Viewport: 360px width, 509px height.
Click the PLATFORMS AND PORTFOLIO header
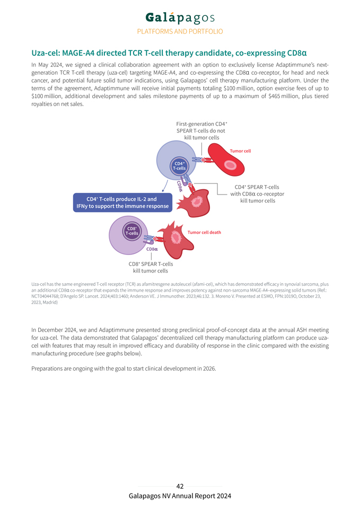pyautogui.click(x=180, y=31)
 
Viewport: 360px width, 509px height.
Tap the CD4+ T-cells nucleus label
pyautogui.click(x=180, y=166)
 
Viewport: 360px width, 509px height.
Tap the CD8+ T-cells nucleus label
pyautogui.click(x=131, y=231)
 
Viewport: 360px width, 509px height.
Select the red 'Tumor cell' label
pyautogui.click(x=240, y=151)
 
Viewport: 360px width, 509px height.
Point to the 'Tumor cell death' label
pyautogui.click(x=205, y=232)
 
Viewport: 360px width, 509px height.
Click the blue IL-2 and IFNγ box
pyautogui.click(x=122, y=203)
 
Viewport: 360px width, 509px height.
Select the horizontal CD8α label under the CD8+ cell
pyautogui.click(x=152, y=249)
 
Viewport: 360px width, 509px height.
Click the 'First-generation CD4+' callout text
pyautogui.click(x=201, y=124)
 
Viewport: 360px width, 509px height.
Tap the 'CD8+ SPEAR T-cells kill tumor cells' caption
pyautogui.click(x=151, y=267)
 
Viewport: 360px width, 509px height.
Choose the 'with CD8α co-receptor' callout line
pyautogui.click(x=257, y=194)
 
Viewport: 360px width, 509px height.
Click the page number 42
pyautogui.click(x=180, y=486)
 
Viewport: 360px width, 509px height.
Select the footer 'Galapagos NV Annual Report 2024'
pyautogui.click(x=180, y=496)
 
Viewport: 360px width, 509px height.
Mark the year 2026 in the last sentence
pyautogui.click(x=208, y=368)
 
